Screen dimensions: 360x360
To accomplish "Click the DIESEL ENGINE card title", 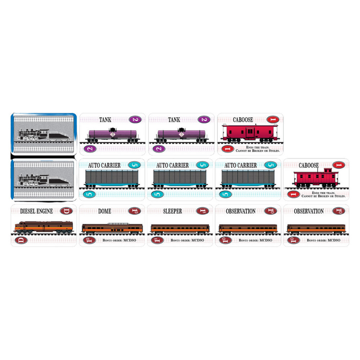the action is point(36,211).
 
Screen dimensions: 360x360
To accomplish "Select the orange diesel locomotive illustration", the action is point(44,227).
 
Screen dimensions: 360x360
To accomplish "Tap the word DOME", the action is point(104,211).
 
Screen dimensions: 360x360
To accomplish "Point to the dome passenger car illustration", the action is point(112,228).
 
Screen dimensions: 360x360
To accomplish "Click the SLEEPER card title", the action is point(172,211).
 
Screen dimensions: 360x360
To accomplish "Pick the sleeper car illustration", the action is point(180,229).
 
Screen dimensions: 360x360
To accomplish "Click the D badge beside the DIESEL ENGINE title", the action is point(66,211).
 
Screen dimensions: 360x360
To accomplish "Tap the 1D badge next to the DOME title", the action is point(135,211).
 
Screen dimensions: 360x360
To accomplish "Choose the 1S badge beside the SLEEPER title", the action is point(202,211).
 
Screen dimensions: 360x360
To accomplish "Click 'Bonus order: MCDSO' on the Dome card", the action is point(120,240).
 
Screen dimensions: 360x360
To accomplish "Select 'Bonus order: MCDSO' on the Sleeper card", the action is point(187,240).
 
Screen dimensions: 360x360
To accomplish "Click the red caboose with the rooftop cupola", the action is point(316,178).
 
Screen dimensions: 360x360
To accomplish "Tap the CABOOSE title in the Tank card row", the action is point(243,120).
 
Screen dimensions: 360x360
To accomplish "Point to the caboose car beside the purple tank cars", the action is point(250,133).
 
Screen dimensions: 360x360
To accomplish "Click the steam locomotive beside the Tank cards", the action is point(43,135).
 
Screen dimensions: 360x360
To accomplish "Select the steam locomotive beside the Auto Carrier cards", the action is point(43,180).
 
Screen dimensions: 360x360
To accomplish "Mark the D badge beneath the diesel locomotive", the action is point(21,240).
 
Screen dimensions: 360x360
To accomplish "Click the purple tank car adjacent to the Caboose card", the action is point(181,135).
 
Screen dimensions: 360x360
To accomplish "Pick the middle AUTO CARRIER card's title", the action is point(172,165).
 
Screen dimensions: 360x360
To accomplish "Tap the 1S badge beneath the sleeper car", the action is point(157,240).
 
